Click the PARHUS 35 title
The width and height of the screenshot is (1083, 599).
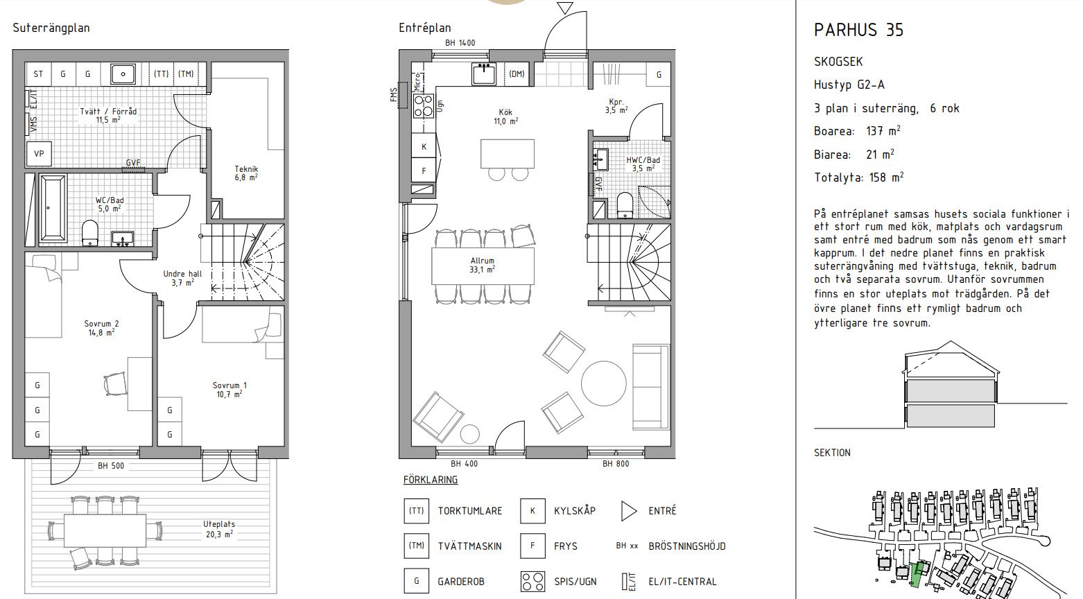tap(858, 30)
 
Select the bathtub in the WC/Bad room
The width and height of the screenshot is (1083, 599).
tap(53, 208)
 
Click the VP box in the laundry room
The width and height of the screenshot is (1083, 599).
tap(39, 154)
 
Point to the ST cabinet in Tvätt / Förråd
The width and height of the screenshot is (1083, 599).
tap(38, 74)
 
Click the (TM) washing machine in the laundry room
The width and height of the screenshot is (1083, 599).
tap(186, 74)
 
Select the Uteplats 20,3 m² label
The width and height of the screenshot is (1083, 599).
tap(219, 529)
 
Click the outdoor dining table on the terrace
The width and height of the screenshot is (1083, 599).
tap(105, 530)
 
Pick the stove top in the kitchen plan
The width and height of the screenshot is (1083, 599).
tap(424, 106)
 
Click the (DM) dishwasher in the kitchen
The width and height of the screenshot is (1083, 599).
tap(517, 74)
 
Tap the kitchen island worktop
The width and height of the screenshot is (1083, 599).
tap(507, 153)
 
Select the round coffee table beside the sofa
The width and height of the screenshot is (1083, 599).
tap(603, 383)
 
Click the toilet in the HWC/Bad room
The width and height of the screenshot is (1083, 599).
tap(625, 205)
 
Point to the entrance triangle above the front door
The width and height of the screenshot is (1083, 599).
tap(564, 7)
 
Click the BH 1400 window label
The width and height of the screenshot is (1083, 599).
tap(460, 43)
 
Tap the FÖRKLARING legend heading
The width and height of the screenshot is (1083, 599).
tap(431, 480)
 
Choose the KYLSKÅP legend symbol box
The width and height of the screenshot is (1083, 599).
tap(532, 511)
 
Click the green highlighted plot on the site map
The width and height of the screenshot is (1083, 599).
tap(917, 574)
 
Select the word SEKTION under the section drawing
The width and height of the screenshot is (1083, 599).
tap(832, 453)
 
